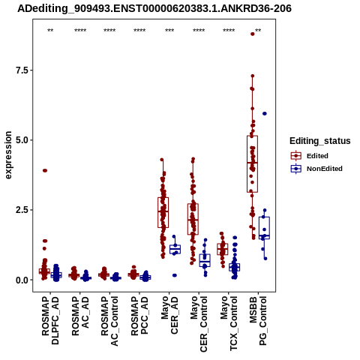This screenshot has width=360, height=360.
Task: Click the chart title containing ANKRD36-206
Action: (154, 9)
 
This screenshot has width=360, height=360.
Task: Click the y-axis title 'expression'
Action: (8, 155)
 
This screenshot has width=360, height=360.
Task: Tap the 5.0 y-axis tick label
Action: (21, 140)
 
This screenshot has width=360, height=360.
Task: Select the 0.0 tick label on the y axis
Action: (21, 280)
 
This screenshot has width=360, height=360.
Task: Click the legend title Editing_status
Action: (320, 141)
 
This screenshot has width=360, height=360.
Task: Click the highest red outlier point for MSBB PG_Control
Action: (253, 34)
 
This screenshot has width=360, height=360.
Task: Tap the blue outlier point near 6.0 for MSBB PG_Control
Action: (265, 113)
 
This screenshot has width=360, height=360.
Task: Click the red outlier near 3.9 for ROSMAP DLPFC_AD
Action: (45, 170)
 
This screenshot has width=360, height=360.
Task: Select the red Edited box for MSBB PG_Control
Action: (252, 164)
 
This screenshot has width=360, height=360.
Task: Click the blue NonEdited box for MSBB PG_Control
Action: (264, 228)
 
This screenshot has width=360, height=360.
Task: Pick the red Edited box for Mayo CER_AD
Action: (163, 212)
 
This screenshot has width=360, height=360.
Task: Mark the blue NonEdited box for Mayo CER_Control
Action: (205, 260)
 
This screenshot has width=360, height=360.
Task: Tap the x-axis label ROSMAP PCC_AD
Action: (139, 316)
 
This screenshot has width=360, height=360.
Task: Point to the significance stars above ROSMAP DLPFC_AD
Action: (50, 31)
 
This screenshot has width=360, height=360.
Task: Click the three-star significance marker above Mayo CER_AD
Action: (169, 31)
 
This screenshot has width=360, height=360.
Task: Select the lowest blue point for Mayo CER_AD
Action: (175, 275)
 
